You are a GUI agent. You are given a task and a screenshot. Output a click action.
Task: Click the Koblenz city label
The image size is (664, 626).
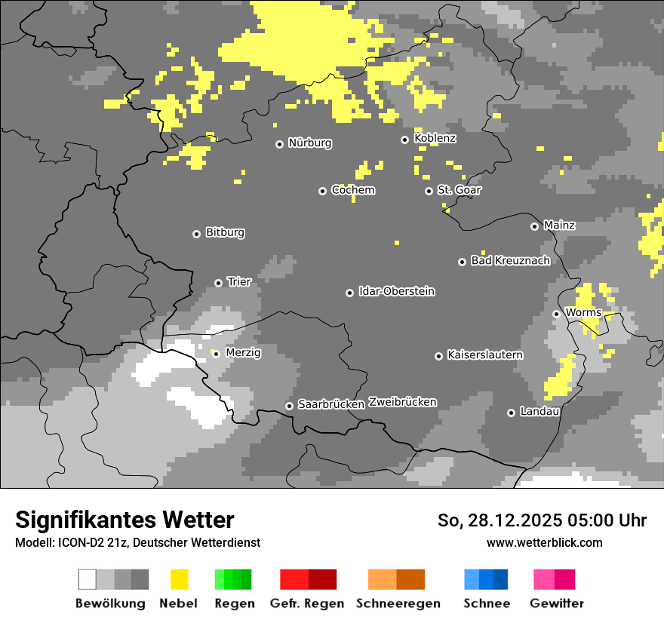coord(435,138)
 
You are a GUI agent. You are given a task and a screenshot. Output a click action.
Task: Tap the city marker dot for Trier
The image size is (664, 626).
coord(218,283)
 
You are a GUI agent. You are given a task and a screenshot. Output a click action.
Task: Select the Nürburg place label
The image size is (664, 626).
coord(309,143)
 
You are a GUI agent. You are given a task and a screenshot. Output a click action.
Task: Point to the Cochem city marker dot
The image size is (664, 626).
coord(322,191)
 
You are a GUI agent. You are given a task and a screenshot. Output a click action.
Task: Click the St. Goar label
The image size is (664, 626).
coord(459,190)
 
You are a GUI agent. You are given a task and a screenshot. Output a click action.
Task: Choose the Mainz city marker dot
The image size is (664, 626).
coord(534,226)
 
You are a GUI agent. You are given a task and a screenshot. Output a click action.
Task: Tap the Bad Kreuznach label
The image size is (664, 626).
coord(510,261)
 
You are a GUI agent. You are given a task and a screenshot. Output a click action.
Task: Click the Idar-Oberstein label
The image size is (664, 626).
coord(396,291)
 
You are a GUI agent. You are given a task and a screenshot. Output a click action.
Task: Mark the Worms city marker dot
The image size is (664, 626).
coord(556,314)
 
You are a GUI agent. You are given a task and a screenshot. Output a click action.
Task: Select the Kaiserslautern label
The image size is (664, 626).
coord(484,354)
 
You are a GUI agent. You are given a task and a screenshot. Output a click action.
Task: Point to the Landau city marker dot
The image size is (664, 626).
coord(511,413)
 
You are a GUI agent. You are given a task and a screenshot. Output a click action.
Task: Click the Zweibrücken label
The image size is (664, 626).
coord(402,402)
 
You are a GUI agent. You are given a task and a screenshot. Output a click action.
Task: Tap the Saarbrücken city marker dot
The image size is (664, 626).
coord(289,406)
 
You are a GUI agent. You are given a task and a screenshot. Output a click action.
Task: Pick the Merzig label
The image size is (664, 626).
coord(243,352)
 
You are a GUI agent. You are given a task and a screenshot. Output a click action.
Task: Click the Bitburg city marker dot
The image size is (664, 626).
coord(196,234)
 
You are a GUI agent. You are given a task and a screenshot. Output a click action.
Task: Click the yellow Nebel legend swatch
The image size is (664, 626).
coord(179,579)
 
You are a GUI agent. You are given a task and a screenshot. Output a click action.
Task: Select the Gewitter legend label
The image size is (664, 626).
coord(556,603)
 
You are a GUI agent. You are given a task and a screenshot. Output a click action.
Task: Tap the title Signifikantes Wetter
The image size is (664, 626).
coord(124,520)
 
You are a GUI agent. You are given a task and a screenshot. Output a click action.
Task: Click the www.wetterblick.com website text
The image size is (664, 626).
coord(544,542)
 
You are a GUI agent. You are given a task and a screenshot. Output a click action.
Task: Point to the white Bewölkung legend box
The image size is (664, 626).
coord(88,579)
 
